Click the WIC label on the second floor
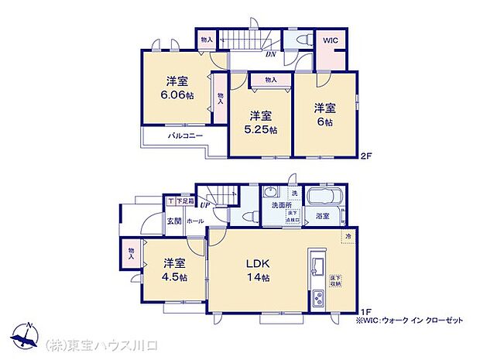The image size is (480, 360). [330, 40]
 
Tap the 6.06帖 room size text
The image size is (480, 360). [178, 94]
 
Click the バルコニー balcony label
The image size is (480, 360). [185, 135]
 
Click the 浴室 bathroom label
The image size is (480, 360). [323, 216]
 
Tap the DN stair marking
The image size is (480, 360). [271, 54]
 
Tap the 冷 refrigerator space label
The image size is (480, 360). [348, 236]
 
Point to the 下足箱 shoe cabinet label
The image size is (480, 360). [183, 201]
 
